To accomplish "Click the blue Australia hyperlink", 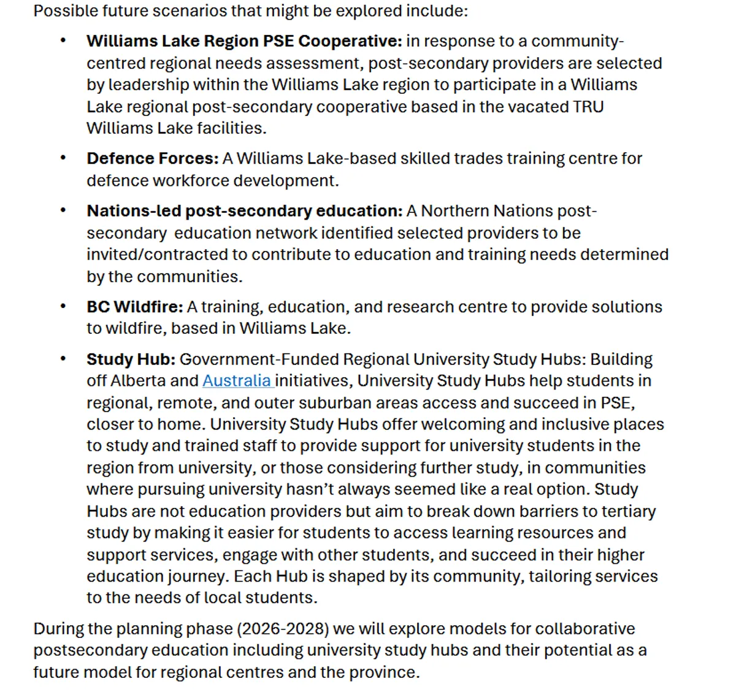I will (x=237, y=381).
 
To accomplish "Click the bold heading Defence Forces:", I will (x=152, y=158).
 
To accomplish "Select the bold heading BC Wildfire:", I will (x=134, y=307).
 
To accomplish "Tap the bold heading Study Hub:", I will (x=131, y=359).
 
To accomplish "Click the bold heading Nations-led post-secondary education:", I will (x=244, y=211).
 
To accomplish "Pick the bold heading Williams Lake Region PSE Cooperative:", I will (x=244, y=41).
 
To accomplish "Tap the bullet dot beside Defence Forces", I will (x=63, y=158).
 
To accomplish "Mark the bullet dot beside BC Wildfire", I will (x=63, y=306).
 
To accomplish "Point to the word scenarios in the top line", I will (x=172, y=11).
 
